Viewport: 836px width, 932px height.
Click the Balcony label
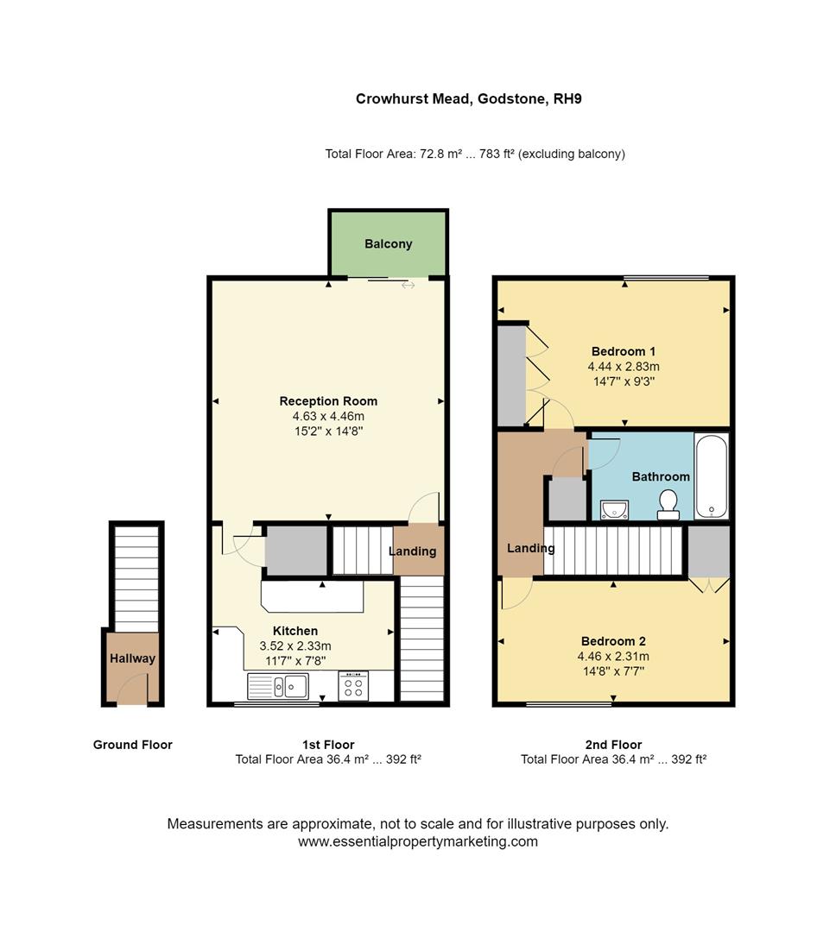388,244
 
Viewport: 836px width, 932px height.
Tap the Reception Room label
328,401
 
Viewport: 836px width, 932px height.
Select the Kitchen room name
295,631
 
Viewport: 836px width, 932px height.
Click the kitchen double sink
278,686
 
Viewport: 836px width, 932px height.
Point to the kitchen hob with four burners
353,686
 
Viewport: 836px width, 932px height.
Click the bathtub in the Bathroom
712,476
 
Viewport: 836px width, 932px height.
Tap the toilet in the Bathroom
668,505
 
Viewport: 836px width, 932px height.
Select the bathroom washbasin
614,509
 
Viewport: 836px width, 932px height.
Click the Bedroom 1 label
624,351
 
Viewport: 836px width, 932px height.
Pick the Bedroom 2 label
613,641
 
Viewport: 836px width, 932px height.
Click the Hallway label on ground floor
133,658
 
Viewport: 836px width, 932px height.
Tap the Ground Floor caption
133,745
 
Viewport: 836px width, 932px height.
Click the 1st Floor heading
328,745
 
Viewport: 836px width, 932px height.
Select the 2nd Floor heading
613,745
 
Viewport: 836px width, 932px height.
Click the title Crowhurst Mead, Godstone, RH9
469,99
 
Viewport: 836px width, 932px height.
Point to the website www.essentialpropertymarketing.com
418,841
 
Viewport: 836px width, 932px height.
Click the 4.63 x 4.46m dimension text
328,416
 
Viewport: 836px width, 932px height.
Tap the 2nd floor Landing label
530,548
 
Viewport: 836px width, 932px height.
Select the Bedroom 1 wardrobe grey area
511,375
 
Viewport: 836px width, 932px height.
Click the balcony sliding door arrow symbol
408,285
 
